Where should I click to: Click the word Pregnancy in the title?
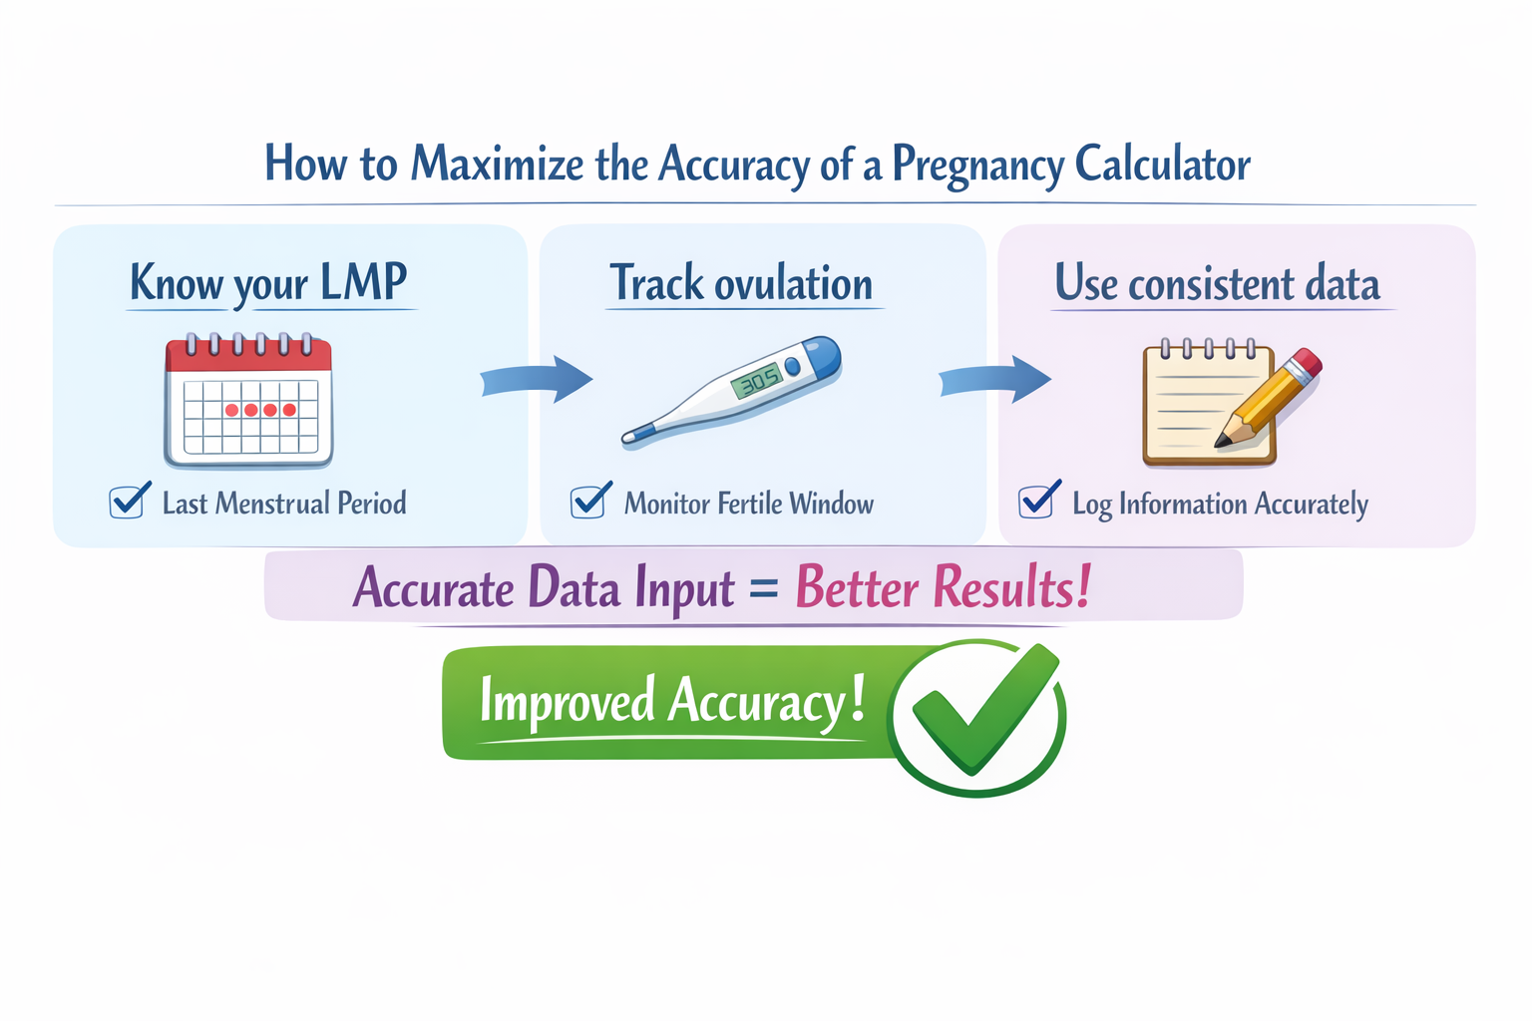coord(976,165)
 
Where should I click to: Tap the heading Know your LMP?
coord(268,283)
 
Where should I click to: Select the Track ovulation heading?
coord(741,284)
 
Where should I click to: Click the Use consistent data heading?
coord(1217,284)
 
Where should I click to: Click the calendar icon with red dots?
coord(248,402)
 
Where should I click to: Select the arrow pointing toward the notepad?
coord(995,379)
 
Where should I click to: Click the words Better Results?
coord(943,586)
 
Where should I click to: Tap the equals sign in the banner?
coord(763,588)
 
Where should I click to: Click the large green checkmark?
coord(982,710)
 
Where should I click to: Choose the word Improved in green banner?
coord(566,701)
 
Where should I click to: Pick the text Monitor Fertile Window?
coord(748,504)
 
